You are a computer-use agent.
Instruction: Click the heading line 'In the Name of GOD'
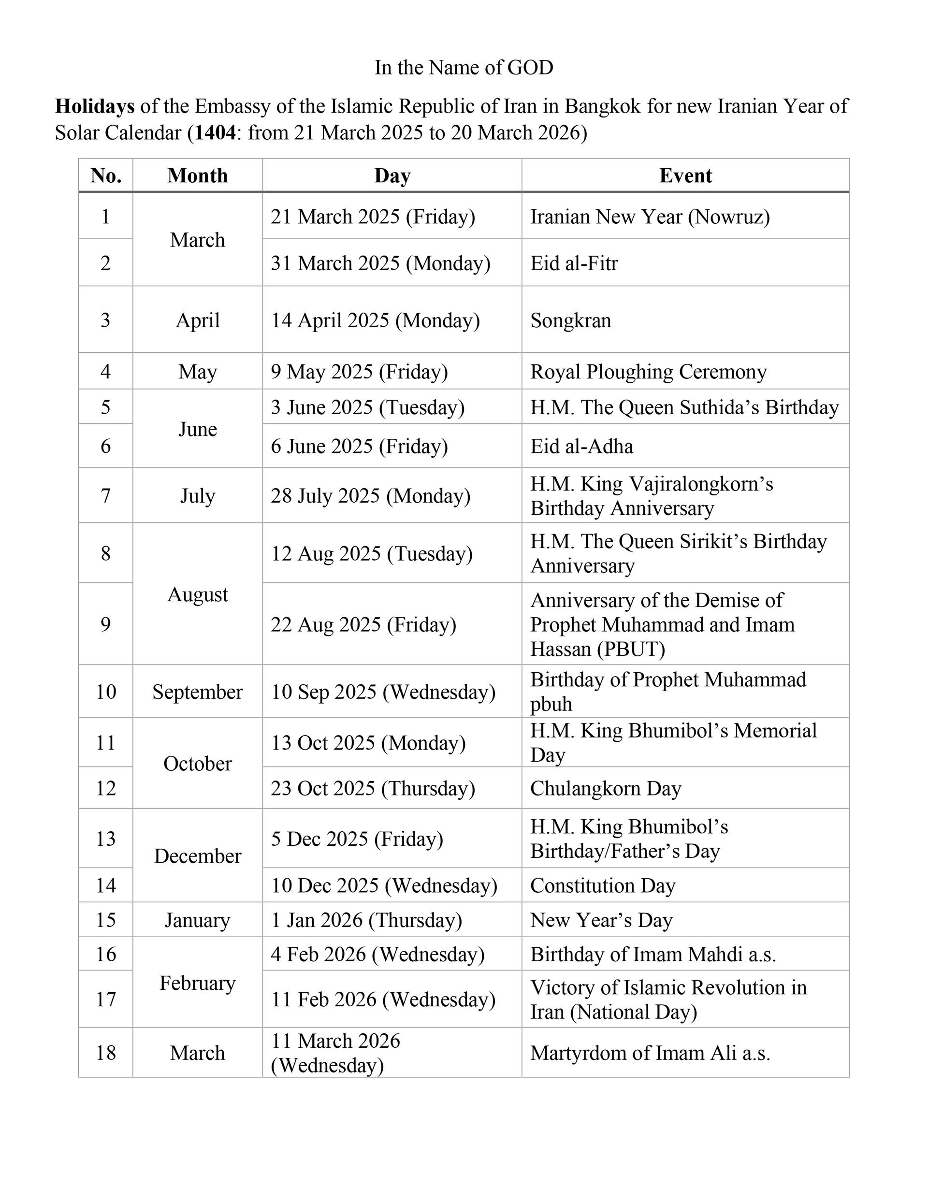(464, 68)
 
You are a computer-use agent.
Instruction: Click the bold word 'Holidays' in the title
(95, 106)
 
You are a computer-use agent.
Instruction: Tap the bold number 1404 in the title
(215, 133)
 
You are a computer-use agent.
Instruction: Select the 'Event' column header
(685, 176)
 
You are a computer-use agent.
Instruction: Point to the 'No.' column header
(106, 176)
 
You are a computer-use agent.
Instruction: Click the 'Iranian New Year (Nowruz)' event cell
(650, 217)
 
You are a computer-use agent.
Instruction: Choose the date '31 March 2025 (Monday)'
(380, 263)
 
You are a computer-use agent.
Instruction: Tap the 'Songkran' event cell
(570, 320)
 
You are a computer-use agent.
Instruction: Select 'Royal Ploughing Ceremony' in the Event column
(648, 372)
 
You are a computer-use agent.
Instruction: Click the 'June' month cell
(198, 430)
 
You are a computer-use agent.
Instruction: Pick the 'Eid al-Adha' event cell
(581, 447)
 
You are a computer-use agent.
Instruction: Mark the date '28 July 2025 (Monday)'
(370, 496)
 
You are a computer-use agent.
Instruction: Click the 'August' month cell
(198, 595)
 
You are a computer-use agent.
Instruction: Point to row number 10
(106, 692)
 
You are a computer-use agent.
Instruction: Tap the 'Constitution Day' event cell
(602, 886)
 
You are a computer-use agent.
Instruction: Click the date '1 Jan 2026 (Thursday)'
(366, 921)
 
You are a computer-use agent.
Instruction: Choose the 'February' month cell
(198, 983)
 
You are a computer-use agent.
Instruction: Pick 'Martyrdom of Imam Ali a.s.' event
(650, 1053)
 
